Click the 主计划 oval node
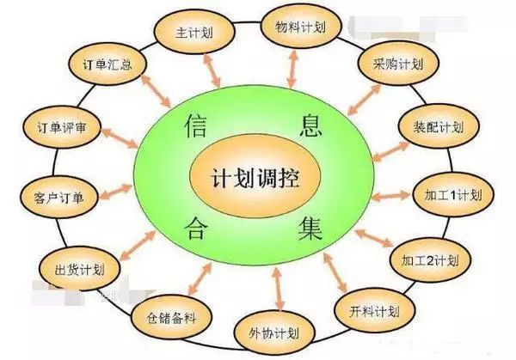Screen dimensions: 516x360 click(x=194, y=33)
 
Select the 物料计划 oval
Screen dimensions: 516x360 click(x=301, y=27)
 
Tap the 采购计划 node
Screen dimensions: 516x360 click(x=398, y=64)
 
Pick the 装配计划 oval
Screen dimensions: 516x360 click(x=439, y=127)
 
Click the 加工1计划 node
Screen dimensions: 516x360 click(x=453, y=195)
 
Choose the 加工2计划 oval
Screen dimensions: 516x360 click(x=431, y=260)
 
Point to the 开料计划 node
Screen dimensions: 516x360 click(x=374, y=311)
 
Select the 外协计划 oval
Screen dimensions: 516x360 click(x=274, y=333)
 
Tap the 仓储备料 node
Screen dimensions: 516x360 click(x=171, y=318)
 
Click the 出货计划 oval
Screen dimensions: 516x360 click(x=79, y=270)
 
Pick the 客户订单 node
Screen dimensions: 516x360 click(x=59, y=198)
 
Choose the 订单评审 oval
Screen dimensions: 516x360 click(x=62, y=127)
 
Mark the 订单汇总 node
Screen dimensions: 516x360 click(x=107, y=64)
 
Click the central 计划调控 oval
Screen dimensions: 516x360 click(x=255, y=176)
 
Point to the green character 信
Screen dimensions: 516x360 click(x=196, y=125)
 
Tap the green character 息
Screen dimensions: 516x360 click(x=310, y=125)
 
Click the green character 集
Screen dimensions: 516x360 click(x=310, y=228)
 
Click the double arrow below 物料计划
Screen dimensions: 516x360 click(x=292, y=70)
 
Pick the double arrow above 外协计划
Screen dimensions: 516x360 click(x=279, y=289)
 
